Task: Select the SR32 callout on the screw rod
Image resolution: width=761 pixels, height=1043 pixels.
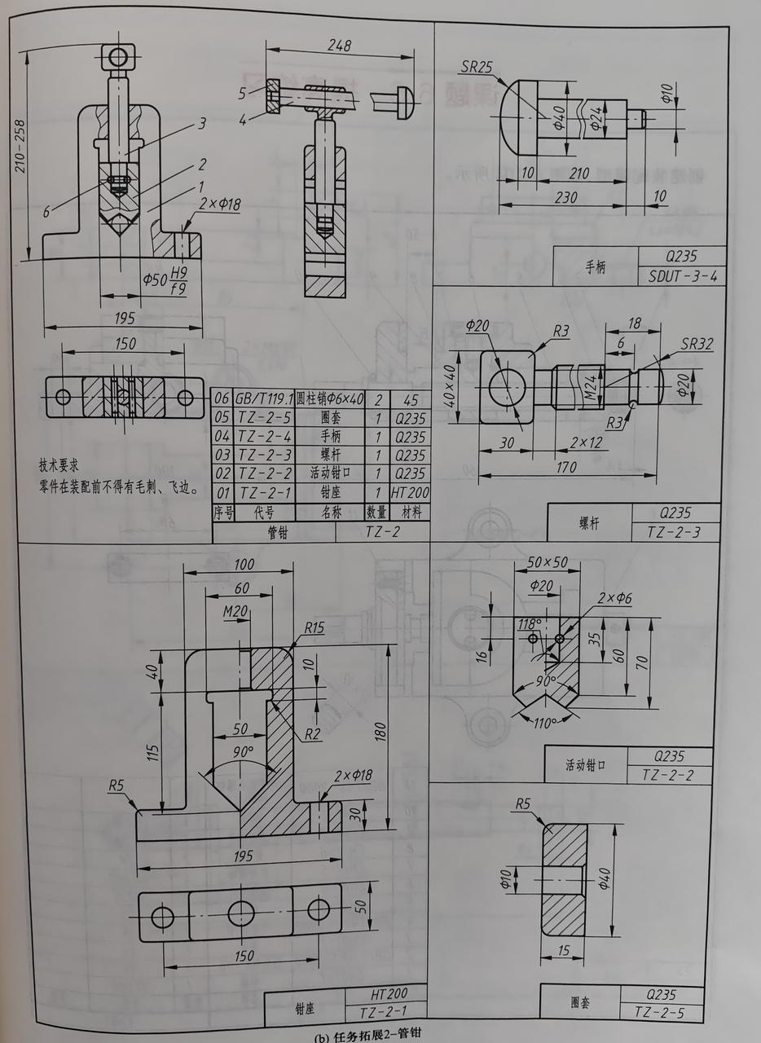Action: click(x=696, y=344)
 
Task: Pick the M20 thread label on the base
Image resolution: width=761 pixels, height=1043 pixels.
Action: click(x=236, y=611)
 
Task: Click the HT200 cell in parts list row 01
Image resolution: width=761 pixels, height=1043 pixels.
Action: click(x=410, y=493)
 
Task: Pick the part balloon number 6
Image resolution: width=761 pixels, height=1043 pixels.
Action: click(x=47, y=211)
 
